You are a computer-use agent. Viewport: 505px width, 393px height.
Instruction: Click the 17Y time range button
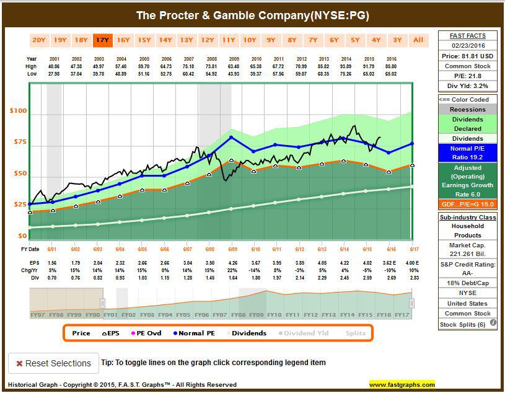click(x=102, y=40)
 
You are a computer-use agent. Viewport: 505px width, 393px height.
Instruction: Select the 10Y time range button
click(x=250, y=40)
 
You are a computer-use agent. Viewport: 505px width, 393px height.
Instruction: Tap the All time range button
click(x=418, y=40)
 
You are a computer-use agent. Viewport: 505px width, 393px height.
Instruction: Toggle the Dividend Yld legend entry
click(x=307, y=333)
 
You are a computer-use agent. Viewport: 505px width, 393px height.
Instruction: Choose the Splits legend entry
click(x=355, y=333)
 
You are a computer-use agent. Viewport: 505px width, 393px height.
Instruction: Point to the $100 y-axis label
click(x=18, y=112)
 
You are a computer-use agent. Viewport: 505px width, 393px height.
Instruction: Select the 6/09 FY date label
click(x=231, y=249)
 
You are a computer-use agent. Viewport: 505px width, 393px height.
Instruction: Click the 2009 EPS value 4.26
click(x=231, y=263)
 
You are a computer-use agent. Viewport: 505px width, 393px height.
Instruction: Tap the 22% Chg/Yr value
click(x=231, y=271)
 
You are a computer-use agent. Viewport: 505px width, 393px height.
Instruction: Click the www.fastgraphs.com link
click(x=402, y=384)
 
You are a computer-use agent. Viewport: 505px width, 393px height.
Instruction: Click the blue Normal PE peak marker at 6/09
click(x=231, y=138)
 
